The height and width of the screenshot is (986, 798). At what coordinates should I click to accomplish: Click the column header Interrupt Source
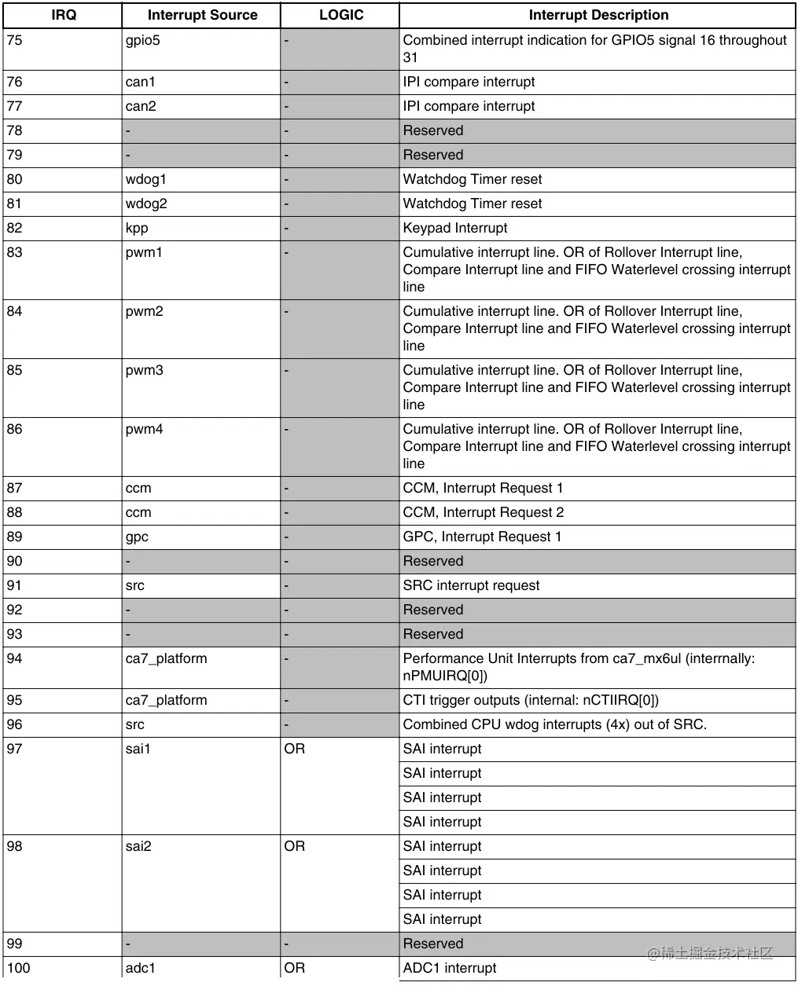click(x=202, y=15)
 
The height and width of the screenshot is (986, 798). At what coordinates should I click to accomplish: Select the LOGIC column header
click(x=340, y=15)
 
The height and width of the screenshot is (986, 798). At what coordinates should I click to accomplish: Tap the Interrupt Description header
click(x=598, y=15)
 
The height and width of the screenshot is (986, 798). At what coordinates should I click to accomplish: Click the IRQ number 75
click(x=15, y=41)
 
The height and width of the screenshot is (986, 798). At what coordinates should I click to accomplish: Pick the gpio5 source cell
click(x=142, y=41)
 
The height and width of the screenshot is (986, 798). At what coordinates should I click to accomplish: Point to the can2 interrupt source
click(x=141, y=106)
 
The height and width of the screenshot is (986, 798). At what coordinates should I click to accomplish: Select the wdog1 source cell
click(x=146, y=179)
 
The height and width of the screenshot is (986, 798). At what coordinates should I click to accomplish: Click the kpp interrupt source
click(x=137, y=228)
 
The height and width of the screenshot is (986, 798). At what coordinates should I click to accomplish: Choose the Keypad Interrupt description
click(x=455, y=228)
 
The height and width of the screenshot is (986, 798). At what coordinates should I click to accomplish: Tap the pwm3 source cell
click(x=145, y=370)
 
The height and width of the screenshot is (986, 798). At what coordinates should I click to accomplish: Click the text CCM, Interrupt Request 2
click(x=484, y=512)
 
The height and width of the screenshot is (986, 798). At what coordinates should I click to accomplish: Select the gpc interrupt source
click(x=137, y=537)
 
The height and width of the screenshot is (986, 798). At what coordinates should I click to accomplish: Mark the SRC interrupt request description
click(x=471, y=585)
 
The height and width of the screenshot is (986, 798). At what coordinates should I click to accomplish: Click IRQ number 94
click(x=15, y=658)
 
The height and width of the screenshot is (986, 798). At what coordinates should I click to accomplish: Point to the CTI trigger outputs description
click(x=531, y=700)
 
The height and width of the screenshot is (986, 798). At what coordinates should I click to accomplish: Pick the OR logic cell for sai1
click(x=295, y=749)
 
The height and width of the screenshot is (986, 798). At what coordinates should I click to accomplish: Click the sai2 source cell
click(x=138, y=846)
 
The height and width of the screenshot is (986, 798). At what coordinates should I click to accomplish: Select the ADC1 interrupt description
click(x=450, y=968)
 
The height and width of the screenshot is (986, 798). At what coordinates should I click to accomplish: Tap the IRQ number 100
click(x=18, y=968)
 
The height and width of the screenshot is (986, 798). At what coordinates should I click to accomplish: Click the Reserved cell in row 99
click(x=433, y=944)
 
